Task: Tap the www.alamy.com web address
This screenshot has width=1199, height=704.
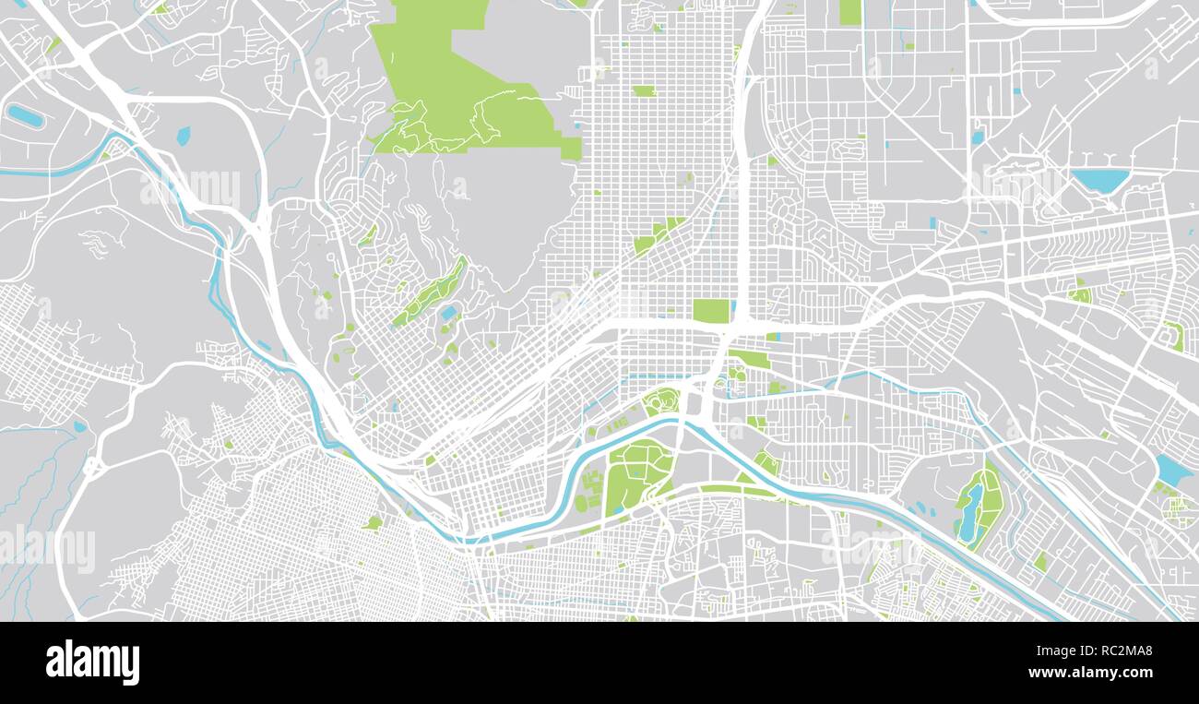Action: click(1096, 674)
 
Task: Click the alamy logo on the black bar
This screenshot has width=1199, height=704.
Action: click(92, 662)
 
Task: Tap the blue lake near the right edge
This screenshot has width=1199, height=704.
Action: click(1170, 471)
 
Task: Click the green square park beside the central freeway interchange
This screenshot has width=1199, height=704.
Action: click(710, 311)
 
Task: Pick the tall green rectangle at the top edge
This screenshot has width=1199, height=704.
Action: click(849, 12)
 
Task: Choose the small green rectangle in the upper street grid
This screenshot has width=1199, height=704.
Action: click(644, 90)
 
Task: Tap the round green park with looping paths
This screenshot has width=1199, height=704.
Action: click(661, 401)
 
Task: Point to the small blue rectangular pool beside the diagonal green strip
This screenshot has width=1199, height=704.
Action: click(449, 313)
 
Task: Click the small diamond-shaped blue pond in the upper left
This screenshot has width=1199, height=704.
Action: click(183, 137)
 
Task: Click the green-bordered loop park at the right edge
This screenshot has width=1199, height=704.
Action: click(1174, 335)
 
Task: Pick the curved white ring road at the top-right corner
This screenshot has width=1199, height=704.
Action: click(1061, 18)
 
